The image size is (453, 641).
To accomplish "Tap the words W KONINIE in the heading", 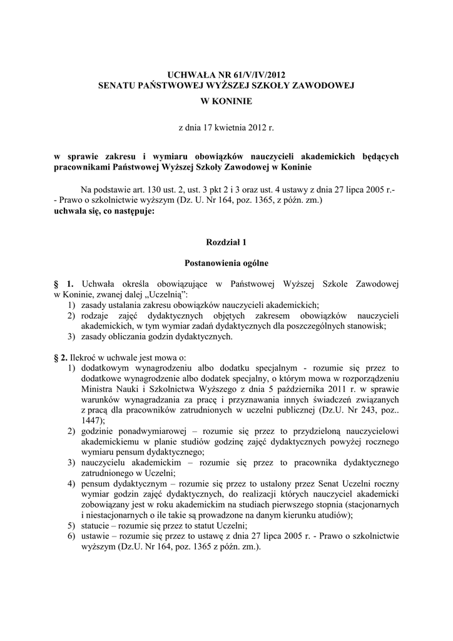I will point(227,100).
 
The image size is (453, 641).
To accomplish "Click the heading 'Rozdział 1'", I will point(227,242).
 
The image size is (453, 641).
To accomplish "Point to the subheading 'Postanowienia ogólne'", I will point(227,264).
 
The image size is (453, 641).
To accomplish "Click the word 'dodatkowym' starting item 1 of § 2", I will point(104,367).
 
